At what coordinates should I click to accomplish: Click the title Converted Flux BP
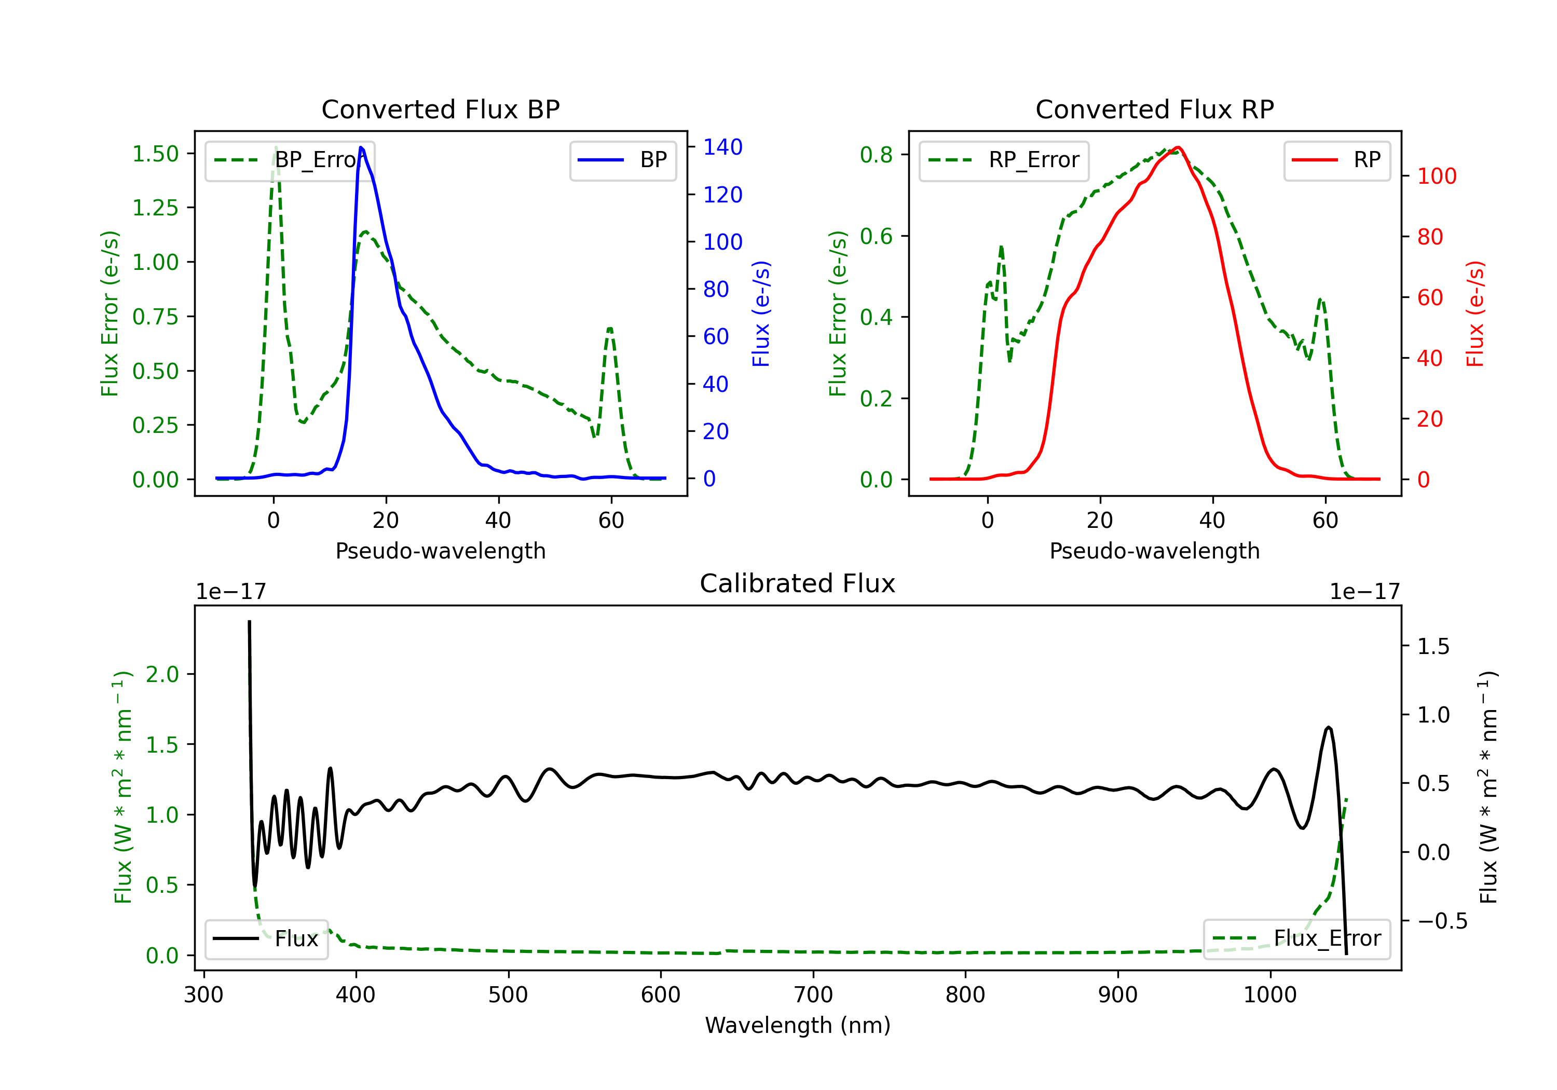point(440,109)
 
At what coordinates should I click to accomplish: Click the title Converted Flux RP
point(1154,109)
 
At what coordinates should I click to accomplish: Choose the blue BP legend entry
point(622,160)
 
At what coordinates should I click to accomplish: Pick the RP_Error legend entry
point(1004,160)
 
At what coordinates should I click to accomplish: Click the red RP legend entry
point(1336,160)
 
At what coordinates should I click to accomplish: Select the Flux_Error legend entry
point(1296,939)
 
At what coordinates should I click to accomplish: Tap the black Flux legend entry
point(266,939)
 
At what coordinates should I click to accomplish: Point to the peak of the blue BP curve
point(361,147)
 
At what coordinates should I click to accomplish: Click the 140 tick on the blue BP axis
point(722,147)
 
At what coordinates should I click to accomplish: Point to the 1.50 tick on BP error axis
point(155,154)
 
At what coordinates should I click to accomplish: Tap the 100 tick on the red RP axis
point(1436,176)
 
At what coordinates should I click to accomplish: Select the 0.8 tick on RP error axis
point(876,155)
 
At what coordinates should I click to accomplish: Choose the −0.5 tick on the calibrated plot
point(1442,921)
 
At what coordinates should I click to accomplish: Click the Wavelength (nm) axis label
point(798,1025)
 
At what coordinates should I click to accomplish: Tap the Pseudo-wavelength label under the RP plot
point(1154,551)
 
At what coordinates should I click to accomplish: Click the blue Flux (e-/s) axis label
point(761,314)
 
